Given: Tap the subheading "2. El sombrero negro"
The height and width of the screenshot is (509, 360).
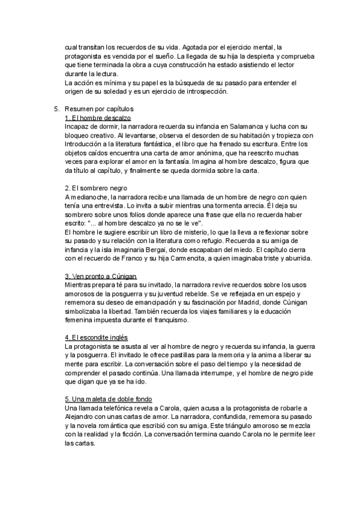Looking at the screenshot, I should coord(98,188).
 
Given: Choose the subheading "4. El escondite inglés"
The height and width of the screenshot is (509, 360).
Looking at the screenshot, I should coord(97,338).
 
